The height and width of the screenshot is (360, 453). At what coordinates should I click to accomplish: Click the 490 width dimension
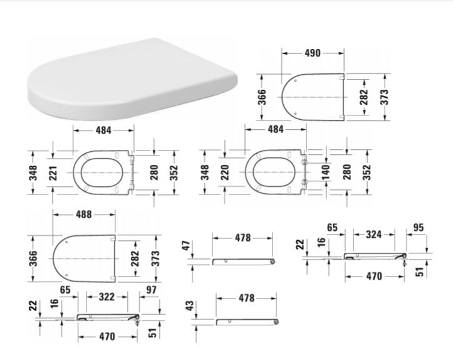313,53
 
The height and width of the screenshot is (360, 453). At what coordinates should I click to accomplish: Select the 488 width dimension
83,214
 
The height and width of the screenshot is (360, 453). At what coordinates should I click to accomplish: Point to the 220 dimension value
225,171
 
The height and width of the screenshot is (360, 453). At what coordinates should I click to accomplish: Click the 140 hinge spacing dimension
325,171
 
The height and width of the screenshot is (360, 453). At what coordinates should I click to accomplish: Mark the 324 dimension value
373,234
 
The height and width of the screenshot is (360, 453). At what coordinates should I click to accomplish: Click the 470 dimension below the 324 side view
373,275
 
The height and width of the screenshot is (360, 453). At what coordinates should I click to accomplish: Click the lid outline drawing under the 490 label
313,97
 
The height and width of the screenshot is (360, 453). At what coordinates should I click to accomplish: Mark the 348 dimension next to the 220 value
205,171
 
